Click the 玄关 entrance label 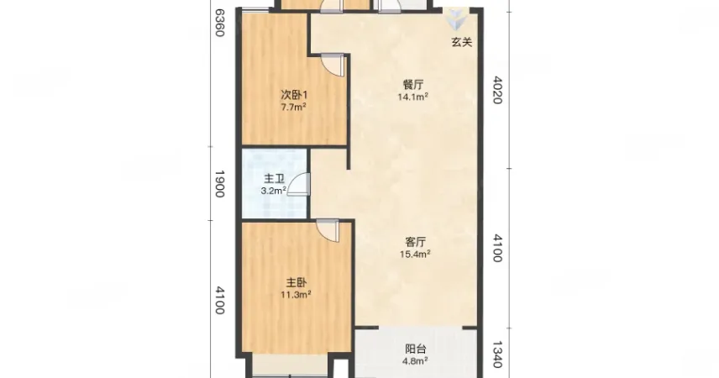[462, 42]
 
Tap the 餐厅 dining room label [413, 85]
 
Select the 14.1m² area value [413, 97]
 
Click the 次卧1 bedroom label [294, 96]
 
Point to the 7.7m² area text [293, 108]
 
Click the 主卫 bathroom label [274, 179]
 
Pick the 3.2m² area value [274, 191]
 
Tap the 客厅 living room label [416, 242]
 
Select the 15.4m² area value [416, 254]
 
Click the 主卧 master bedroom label [297, 282]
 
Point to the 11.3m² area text [297, 295]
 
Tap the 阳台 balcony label [416, 349]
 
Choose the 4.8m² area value [416, 361]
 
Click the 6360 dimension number [220, 23]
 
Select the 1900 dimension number [219, 184]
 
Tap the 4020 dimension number [497, 90]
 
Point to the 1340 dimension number [497, 354]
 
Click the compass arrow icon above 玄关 [456, 19]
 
